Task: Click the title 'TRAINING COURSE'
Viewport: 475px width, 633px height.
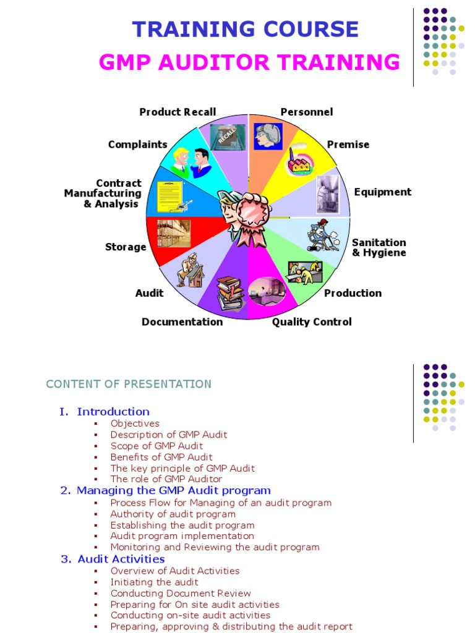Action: pos(246,29)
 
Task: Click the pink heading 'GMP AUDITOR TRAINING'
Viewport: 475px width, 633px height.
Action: pos(250,62)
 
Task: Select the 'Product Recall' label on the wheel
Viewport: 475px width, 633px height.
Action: pos(178,112)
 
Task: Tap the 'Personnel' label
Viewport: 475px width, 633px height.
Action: pos(307,112)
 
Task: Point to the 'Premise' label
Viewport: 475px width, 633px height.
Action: pos(348,145)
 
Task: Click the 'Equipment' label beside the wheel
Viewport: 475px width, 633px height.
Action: pos(382,192)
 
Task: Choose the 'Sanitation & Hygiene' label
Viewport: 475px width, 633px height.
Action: pos(379,247)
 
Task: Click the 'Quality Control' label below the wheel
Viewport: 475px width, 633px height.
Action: pos(312,321)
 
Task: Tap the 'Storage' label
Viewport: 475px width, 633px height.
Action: pos(126,247)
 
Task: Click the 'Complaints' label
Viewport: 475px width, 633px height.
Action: pos(137,145)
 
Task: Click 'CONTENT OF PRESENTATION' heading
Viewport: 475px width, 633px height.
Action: pos(129,384)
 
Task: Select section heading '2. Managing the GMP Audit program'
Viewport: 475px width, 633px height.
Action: pos(166,490)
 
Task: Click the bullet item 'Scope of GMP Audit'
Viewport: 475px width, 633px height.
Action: pos(156,446)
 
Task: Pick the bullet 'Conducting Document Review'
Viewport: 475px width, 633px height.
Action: pos(181,593)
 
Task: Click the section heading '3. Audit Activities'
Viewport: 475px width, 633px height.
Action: pos(113,559)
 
